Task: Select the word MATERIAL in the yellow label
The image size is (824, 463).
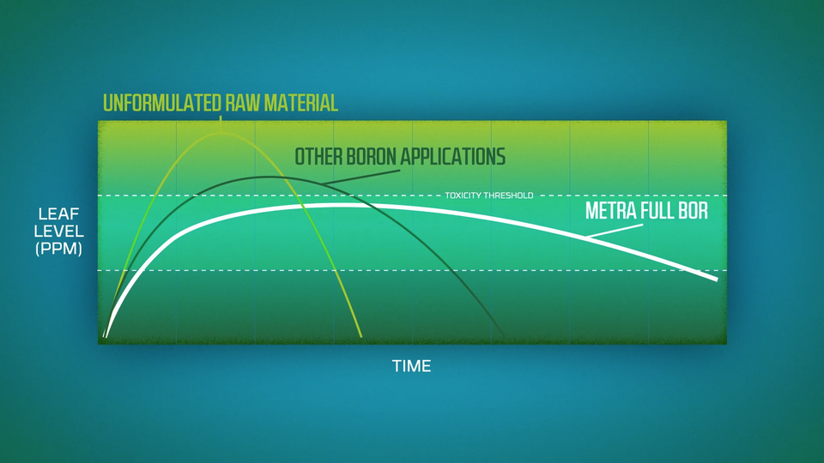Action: click(x=300, y=103)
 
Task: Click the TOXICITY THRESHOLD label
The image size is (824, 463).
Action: click(x=489, y=195)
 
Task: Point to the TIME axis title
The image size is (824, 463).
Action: click(x=411, y=366)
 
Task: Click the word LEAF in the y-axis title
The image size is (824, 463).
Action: click(x=59, y=213)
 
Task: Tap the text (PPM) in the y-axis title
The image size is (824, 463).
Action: click(x=59, y=249)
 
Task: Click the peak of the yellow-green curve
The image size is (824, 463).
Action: click(x=221, y=133)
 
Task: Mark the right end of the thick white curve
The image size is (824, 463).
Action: click(x=717, y=280)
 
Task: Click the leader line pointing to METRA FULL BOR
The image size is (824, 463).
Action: click(x=615, y=231)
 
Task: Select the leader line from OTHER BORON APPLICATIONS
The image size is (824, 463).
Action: click(x=360, y=177)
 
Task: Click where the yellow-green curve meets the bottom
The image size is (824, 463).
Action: click(x=361, y=336)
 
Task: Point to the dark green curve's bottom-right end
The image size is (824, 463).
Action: click(x=502, y=334)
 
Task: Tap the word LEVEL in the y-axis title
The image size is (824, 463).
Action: click(x=59, y=231)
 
